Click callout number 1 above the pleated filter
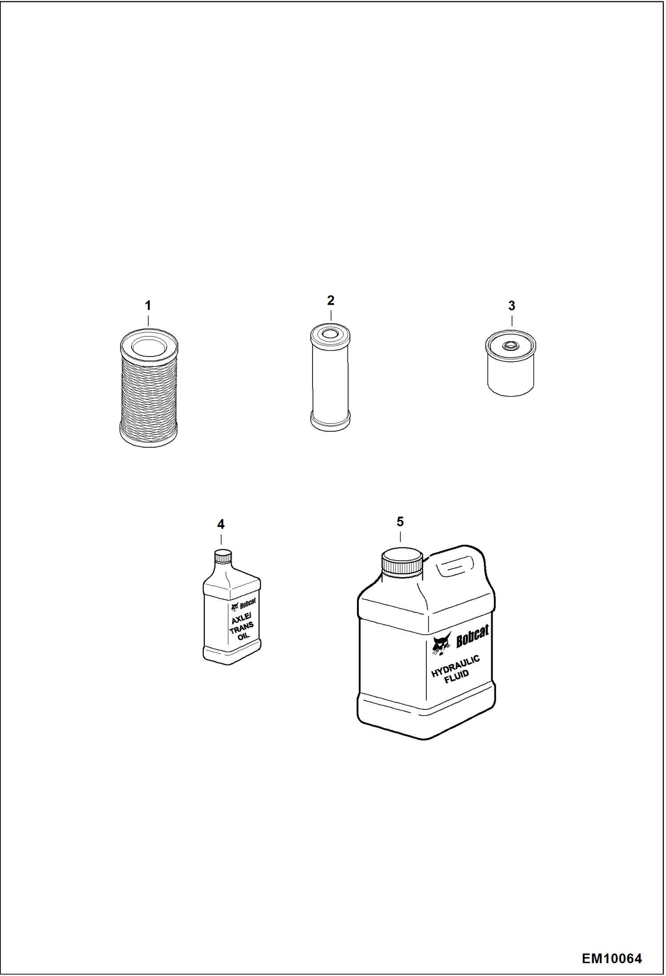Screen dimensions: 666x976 (x=148, y=306)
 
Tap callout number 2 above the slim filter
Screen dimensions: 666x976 (x=331, y=300)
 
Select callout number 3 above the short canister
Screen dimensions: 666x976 (x=512, y=306)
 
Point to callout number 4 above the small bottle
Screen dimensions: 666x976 (x=221, y=524)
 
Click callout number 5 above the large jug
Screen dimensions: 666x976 (x=400, y=522)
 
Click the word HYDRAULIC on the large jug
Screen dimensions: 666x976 (x=456, y=666)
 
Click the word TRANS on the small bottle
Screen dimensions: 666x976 (x=241, y=628)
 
